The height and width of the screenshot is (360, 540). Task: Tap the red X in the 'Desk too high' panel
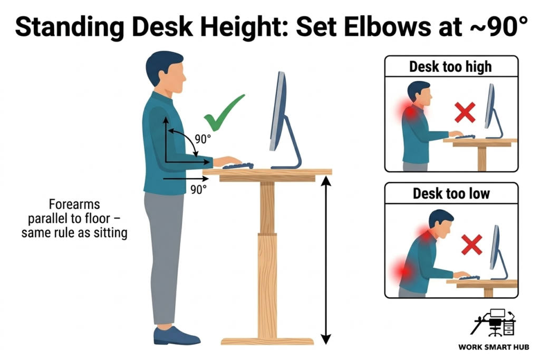[465, 112]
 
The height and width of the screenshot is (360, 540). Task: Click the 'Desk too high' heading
[450, 66]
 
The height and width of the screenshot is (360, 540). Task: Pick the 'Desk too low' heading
[451, 193]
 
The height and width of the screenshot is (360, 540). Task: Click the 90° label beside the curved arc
[202, 139]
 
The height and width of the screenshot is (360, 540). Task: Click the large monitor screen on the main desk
[277, 111]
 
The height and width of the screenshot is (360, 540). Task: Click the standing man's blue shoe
[176, 335]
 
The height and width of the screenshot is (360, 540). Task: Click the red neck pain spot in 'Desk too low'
[425, 232]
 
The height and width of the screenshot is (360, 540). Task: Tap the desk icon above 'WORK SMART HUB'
[495, 323]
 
